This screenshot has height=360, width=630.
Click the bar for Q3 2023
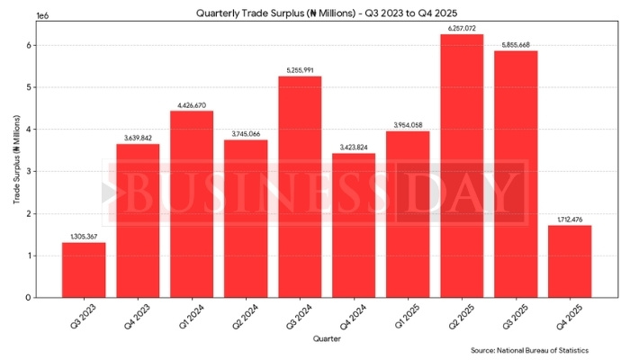[x=84, y=270]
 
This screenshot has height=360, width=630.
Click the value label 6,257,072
[x=462, y=28]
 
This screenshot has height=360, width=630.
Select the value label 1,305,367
[x=84, y=237]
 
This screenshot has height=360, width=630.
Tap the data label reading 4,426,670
[x=192, y=105]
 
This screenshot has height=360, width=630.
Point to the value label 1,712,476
[x=570, y=220]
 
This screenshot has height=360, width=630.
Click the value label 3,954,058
[x=408, y=125]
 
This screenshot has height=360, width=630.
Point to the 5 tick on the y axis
[x=30, y=87]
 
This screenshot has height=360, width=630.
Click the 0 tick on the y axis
[x=30, y=298]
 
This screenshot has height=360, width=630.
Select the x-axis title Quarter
[x=326, y=338]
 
